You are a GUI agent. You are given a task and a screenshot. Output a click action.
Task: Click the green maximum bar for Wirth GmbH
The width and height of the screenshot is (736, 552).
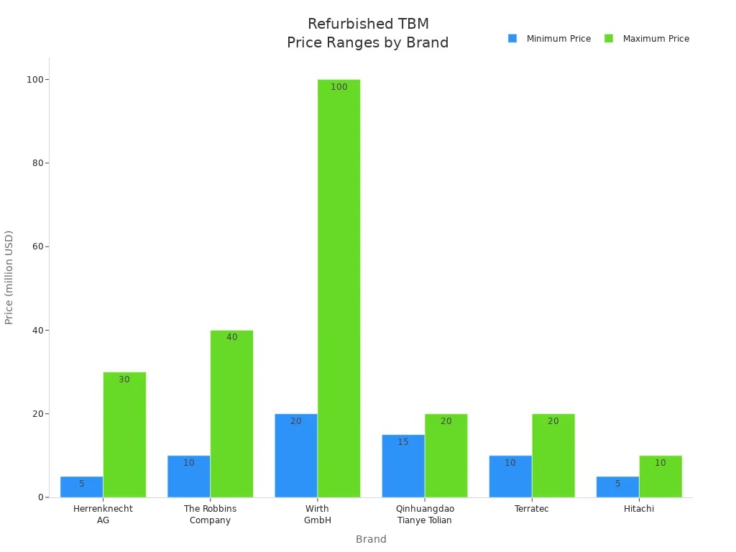339,287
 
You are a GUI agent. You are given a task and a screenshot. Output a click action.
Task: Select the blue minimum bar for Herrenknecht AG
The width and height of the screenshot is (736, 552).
81,487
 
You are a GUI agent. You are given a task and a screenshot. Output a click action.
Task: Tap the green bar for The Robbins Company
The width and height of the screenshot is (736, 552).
231,413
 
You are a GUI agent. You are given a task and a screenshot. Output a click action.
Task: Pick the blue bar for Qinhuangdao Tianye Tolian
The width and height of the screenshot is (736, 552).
403,466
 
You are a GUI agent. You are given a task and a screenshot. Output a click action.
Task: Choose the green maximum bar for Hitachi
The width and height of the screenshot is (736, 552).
661,476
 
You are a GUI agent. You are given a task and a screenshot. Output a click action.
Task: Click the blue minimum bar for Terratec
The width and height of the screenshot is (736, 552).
510,476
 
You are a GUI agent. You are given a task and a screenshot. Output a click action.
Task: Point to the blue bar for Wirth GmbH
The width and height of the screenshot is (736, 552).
296,455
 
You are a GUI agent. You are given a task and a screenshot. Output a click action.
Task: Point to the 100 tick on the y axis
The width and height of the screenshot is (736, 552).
33,79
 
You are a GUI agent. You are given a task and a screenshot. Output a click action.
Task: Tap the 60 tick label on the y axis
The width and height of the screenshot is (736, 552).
36,247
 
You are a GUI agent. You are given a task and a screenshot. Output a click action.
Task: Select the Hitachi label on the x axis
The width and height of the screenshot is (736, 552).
639,509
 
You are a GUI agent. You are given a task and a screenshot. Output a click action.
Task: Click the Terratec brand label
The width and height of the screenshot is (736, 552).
532,509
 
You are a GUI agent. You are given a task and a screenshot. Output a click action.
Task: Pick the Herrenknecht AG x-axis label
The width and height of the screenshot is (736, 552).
103,514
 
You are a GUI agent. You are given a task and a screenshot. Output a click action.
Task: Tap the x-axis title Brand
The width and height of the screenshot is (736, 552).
371,539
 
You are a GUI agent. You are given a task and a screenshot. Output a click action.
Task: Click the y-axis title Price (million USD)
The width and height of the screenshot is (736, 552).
9,277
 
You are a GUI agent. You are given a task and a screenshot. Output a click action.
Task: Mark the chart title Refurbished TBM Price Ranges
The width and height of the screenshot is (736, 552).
367,34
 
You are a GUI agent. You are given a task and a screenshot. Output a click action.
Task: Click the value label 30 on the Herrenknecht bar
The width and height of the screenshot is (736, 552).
124,379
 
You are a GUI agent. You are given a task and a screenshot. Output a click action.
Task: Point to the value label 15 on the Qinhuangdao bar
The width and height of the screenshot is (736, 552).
403,442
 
